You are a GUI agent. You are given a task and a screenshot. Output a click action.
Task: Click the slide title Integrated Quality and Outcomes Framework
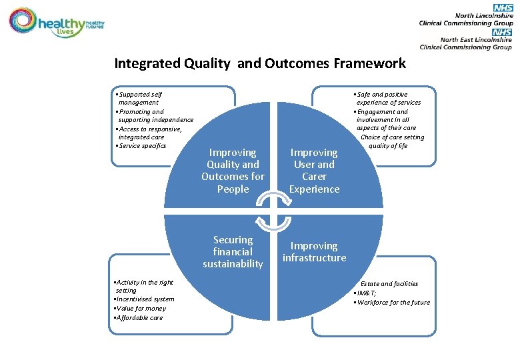(259, 63)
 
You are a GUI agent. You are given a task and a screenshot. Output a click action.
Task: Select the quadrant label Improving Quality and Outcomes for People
(233, 171)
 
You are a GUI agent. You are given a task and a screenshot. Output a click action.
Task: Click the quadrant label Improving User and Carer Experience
(314, 171)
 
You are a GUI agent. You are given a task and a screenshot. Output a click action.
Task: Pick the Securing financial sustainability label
(233, 252)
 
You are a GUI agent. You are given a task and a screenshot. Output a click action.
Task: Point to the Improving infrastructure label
(314, 252)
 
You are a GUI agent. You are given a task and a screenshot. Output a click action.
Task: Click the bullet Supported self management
(140, 99)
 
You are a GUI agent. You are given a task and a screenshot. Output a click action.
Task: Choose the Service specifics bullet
(141, 145)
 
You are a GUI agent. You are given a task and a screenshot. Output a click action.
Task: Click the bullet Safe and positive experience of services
(387, 99)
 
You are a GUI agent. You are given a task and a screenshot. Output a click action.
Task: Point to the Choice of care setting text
(392, 137)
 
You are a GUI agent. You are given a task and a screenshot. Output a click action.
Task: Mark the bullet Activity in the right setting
(144, 287)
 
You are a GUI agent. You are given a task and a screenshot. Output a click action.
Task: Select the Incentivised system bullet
(145, 299)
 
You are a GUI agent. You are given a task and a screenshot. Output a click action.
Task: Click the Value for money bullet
(141, 309)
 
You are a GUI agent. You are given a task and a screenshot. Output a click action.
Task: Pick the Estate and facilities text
(389, 284)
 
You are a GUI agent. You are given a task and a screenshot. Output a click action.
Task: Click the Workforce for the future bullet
(392, 303)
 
